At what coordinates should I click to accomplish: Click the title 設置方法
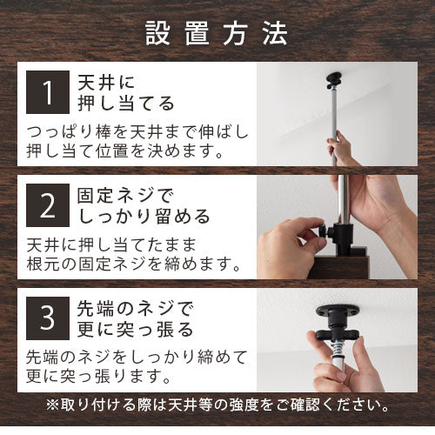click(x=216, y=34)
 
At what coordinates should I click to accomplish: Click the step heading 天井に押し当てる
click(x=126, y=93)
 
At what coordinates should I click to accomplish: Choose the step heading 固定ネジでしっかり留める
click(x=144, y=206)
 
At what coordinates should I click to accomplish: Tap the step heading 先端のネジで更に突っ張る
click(x=135, y=319)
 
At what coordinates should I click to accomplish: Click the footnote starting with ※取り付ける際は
click(x=217, y=405)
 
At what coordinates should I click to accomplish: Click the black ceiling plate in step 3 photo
click(x=338, y=311)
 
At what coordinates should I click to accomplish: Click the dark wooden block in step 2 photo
click(x=339, y=267)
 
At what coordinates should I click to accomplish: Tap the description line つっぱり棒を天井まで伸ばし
click(x=137, y=132)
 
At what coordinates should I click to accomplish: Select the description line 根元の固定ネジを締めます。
click(x=133, y=264)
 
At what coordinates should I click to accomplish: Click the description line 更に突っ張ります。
click(x=98, y=376)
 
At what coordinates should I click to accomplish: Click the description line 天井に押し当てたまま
click(x=112, y=245)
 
